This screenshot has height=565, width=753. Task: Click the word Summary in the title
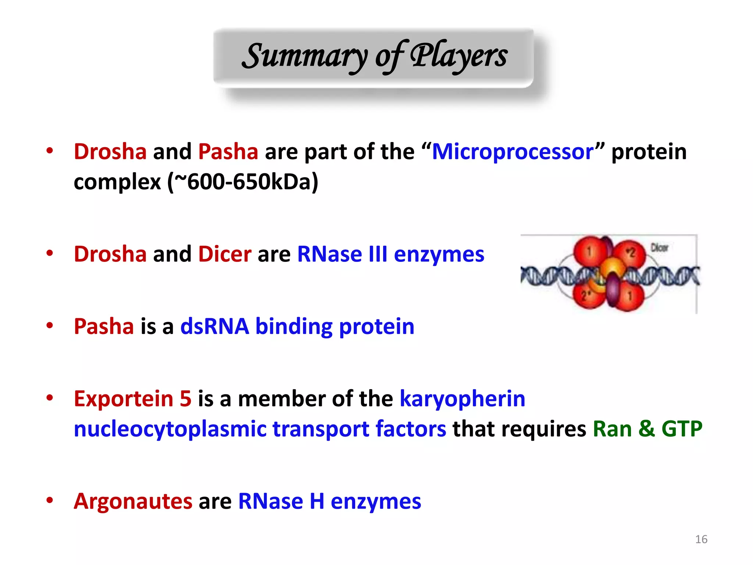coord(304,56)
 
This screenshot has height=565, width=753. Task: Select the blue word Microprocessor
coord(513,152)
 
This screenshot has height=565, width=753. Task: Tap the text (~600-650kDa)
coord(243,182)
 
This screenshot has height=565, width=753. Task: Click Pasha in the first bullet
coord(228,152)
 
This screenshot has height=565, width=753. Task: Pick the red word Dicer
coord(225,254)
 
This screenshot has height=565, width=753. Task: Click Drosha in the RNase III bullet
coord(110,254)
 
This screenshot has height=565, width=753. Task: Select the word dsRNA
coord(214,326)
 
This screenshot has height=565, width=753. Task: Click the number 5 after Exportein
coord(185,399)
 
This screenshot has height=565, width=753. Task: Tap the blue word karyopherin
coord(462,399)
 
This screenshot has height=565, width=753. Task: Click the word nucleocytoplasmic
coord(170,429)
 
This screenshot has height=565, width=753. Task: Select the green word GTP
coord(682,429)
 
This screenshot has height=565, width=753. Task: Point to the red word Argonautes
coord(133,501)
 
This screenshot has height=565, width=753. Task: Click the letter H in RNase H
coord(317,501)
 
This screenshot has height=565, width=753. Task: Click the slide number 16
coord(701,539)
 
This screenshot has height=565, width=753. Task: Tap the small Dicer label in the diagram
coord(659,248)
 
